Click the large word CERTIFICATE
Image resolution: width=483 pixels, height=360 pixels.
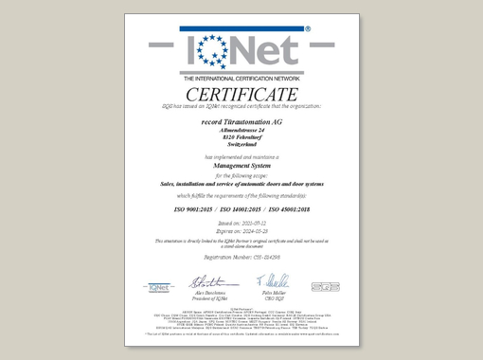click(x=241, y=95)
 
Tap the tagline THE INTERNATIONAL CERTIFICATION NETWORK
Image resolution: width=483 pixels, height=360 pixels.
click(x=241, y=77)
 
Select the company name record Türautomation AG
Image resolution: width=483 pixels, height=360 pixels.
click(x=241, y=122)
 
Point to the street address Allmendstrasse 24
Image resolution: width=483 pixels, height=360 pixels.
click(x=241, y=130)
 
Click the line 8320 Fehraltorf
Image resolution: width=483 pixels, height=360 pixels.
click(x=241, y=137)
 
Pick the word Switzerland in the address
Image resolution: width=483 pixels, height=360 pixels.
click(x=241, y=145)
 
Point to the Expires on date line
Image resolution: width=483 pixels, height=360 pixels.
click(x=241, y=229)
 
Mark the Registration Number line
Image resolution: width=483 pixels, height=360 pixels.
click(x=241, y=256)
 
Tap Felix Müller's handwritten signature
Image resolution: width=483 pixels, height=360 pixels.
click(x=273, y=280)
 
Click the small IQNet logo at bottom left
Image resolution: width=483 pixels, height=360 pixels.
click(x=159, y=285)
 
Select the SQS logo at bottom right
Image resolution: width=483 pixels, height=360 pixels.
click(x=321, y=285)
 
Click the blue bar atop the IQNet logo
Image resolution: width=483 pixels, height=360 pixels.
click(x=241, y=29)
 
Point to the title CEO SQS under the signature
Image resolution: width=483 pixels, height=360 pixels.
click(x=273, y=297)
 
